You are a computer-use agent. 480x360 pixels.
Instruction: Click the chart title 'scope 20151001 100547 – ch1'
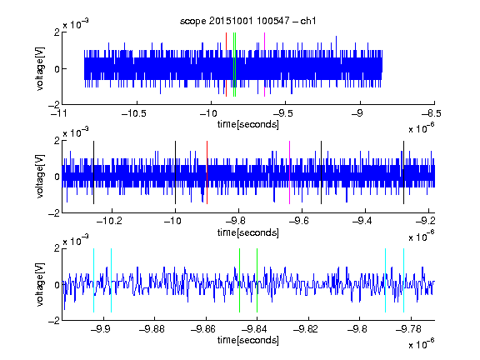point(248,21)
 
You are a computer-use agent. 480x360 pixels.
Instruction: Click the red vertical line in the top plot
point(226,65)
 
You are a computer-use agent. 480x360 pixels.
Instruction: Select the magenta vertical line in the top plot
point(264,65)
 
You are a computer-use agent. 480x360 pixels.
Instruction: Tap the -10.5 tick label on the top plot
point(134,113)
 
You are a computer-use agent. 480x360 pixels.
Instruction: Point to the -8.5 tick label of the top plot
point(432,113)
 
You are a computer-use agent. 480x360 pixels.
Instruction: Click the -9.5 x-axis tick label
point(282,113)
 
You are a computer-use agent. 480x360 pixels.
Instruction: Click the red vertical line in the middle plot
point(207,172)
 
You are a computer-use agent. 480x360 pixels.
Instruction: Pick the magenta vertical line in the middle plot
point(290,172)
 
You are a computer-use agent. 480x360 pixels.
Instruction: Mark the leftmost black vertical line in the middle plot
point(93,172)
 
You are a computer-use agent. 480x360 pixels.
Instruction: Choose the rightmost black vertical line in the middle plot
point(404,172)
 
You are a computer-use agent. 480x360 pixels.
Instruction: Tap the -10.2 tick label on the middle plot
point(109,221)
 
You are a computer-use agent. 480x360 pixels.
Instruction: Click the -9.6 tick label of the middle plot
point(299,221)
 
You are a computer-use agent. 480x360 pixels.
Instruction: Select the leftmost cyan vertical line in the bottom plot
point(93,280)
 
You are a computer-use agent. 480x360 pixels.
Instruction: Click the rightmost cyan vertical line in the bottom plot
point(404,280)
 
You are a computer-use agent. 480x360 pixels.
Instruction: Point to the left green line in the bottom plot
point(239,280)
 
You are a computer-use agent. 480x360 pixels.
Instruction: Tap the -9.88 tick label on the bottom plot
point(152,329)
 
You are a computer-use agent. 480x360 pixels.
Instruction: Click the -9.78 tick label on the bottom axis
point(408,329)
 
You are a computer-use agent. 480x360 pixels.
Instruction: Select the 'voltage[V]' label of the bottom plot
point(40,284)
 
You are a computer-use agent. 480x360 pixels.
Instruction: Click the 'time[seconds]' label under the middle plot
point(248,232)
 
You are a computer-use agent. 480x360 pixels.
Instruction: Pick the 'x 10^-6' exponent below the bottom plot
point(422,343)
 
